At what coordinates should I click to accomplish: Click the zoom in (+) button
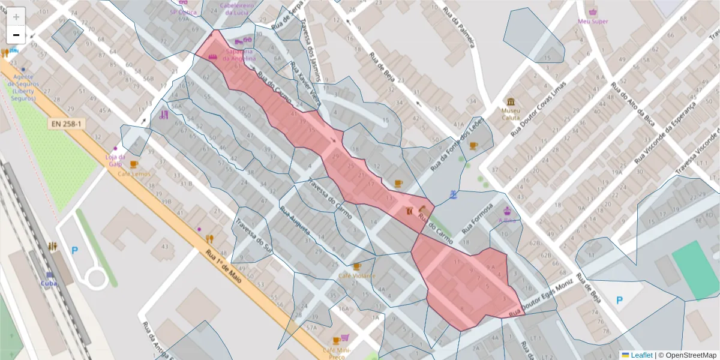(x=16, y=17)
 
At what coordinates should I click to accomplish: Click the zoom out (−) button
(x=16, y=35)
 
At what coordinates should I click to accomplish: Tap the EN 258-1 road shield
(x=67, y=123)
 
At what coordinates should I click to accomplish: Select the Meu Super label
(x=593, y=22)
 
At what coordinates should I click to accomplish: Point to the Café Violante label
(x=357, y=276)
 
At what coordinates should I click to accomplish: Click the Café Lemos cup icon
(x=134, y=164)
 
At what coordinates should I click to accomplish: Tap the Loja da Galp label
(x=115, y=160)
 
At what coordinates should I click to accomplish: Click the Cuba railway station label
(x=49, y=283)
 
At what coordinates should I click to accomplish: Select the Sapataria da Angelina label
(x=239, y=55)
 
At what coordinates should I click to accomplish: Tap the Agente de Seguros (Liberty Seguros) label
(x=25, y=87)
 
